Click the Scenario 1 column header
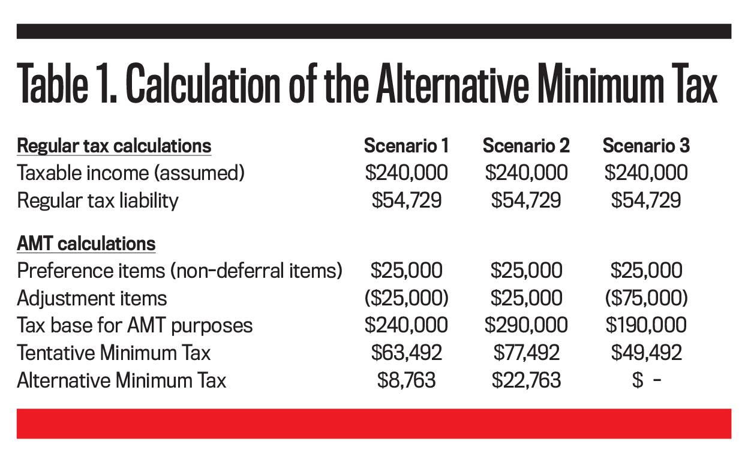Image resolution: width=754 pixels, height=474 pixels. (x=406, y=146)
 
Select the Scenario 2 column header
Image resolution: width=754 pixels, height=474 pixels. (x=526, y=146)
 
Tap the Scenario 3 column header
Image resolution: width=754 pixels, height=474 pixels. (x=646, y=146)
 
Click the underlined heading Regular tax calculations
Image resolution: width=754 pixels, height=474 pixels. (x=114, y=146)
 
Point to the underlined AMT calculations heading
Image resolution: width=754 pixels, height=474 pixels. (x=86, y=244)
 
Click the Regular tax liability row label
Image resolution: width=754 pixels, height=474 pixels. (x=98, y=201)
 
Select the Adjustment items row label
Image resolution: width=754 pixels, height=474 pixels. (x=92, y=298)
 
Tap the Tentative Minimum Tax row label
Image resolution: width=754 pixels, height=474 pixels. (x=114, y=353)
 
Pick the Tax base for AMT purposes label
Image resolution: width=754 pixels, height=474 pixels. (x=134, y=326)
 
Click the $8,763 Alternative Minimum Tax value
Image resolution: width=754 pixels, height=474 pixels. (x=406, y=380)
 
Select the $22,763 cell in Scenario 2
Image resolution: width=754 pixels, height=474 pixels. (x=526, y=380)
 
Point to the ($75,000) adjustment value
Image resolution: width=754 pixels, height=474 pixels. (x=646, y=298)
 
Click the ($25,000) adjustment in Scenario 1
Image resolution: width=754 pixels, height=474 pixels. (x=406, y=298)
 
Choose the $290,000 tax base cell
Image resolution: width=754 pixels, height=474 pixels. (x=526, y=326)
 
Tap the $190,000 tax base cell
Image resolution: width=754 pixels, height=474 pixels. (x=646, y=326)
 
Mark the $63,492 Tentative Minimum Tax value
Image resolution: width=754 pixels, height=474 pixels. (x=406, y=353)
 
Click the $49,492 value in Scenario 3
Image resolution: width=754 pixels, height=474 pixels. (x=646, y=353)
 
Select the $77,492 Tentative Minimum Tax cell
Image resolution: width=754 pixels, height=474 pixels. (x=526, y=353)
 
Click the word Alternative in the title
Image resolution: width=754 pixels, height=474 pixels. (x=452, y=83)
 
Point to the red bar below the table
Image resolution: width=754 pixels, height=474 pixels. (x=374, y=424)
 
